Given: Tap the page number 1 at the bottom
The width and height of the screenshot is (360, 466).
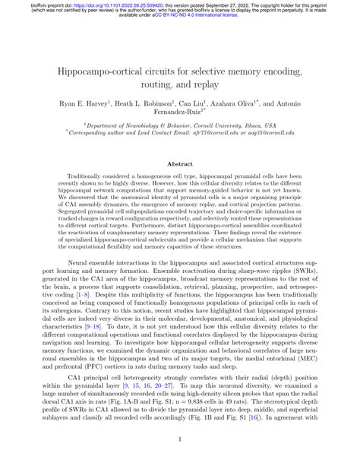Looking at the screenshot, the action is [180, 439].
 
